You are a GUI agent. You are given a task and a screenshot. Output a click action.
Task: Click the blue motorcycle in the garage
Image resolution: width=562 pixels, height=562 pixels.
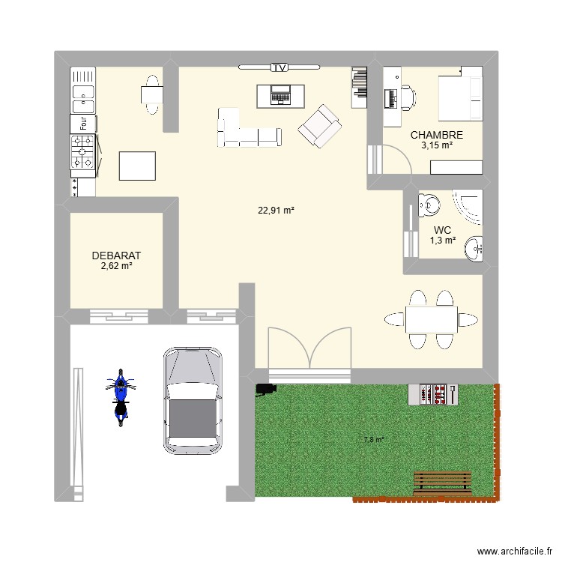pyautogui.click(x=121, y=397)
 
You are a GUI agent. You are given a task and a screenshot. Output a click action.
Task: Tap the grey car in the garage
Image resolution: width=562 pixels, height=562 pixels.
pyautogui.click(x=193, y=400)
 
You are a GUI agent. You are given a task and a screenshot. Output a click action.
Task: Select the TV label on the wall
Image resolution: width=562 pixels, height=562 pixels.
pyautogui.click(x=280, y=67)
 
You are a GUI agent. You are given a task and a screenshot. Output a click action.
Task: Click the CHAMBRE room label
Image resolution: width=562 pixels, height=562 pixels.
pyautogui.click(x=437, y=135)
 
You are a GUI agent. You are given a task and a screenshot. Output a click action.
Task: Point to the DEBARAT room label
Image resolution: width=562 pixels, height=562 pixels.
pyautogui.click(x=116, y=256)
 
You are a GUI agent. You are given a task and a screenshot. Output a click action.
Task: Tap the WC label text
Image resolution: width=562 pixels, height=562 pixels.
pyautogui.click(x=442, y=230)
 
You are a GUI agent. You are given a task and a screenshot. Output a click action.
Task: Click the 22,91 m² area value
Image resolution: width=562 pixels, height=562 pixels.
pyautogui.click(x=276, y=211)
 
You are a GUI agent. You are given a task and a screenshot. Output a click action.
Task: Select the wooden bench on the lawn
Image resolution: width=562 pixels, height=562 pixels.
pyautogui.click(x=442, y=483)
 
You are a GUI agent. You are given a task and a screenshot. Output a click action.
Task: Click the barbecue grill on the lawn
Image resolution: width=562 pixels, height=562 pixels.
pyautogui.click(x=433, y=394)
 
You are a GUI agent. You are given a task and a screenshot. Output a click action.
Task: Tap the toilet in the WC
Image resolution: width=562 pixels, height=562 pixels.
pyautogui.click(x=429, y=205)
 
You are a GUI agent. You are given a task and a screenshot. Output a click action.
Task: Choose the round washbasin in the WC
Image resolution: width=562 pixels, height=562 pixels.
pyautogui.click(x=474, y=249)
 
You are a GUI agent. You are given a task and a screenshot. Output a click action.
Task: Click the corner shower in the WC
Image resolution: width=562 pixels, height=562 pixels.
pyautogui.click(x=468, y=207)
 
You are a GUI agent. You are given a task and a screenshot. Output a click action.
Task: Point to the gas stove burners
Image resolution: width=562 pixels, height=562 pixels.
pyautogui.click(x=82, y=151)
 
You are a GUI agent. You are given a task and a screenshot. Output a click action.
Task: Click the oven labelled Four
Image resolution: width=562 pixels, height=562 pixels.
pyautogui.click(x=83, y=124)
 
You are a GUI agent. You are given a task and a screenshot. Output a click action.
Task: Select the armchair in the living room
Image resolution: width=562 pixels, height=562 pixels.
pyautogui.click(x=319, y=126)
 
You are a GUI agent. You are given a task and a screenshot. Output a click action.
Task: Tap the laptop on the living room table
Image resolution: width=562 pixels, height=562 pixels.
pyautogui.click(x=281, y=95)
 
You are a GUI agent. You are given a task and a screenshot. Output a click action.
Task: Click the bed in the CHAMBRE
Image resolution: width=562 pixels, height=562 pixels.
pyautogui.click(x=461, y=94)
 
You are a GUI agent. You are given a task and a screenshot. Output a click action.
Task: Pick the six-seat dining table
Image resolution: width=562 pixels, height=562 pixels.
pyautogui.click(x=431, y=319)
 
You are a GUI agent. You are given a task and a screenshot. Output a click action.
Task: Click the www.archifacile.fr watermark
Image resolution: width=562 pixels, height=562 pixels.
pyautogui.click(x=515, y=552)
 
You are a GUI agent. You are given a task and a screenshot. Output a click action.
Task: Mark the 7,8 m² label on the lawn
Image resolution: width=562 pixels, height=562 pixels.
pyautogui.click(x=374, y=439)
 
